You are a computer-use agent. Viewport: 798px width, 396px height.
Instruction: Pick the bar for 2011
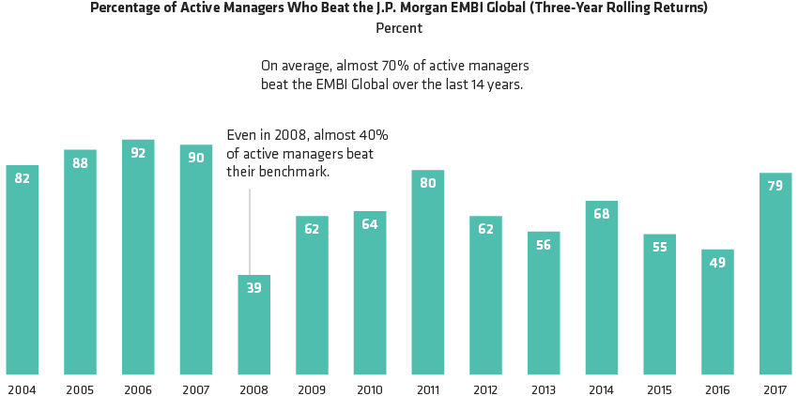tap(427, 273)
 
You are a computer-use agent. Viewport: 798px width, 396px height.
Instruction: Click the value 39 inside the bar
tap(253, 288)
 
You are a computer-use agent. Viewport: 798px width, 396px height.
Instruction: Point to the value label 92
tap(138, 153)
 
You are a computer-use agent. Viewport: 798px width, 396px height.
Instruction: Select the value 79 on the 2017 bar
tap(775, 186)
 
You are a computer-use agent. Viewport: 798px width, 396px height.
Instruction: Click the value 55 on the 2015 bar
tap(659, 247)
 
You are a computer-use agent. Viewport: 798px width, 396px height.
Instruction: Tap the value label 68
tap(601, 215)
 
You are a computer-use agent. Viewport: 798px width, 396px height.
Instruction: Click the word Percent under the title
tap(399, 28)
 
